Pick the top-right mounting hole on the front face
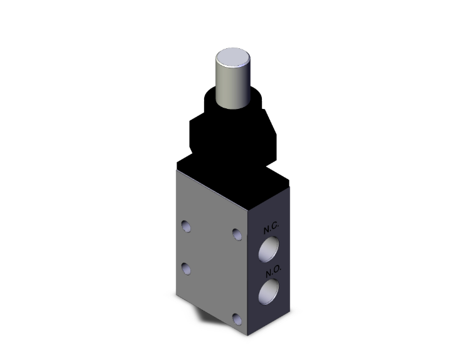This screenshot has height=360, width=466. [236, 234]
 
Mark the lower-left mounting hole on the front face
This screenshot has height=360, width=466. [186, 269]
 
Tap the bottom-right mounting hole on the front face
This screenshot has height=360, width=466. [237, 319]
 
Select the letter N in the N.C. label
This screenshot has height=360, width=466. [266, 229]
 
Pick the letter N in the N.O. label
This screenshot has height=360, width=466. [266, 272]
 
